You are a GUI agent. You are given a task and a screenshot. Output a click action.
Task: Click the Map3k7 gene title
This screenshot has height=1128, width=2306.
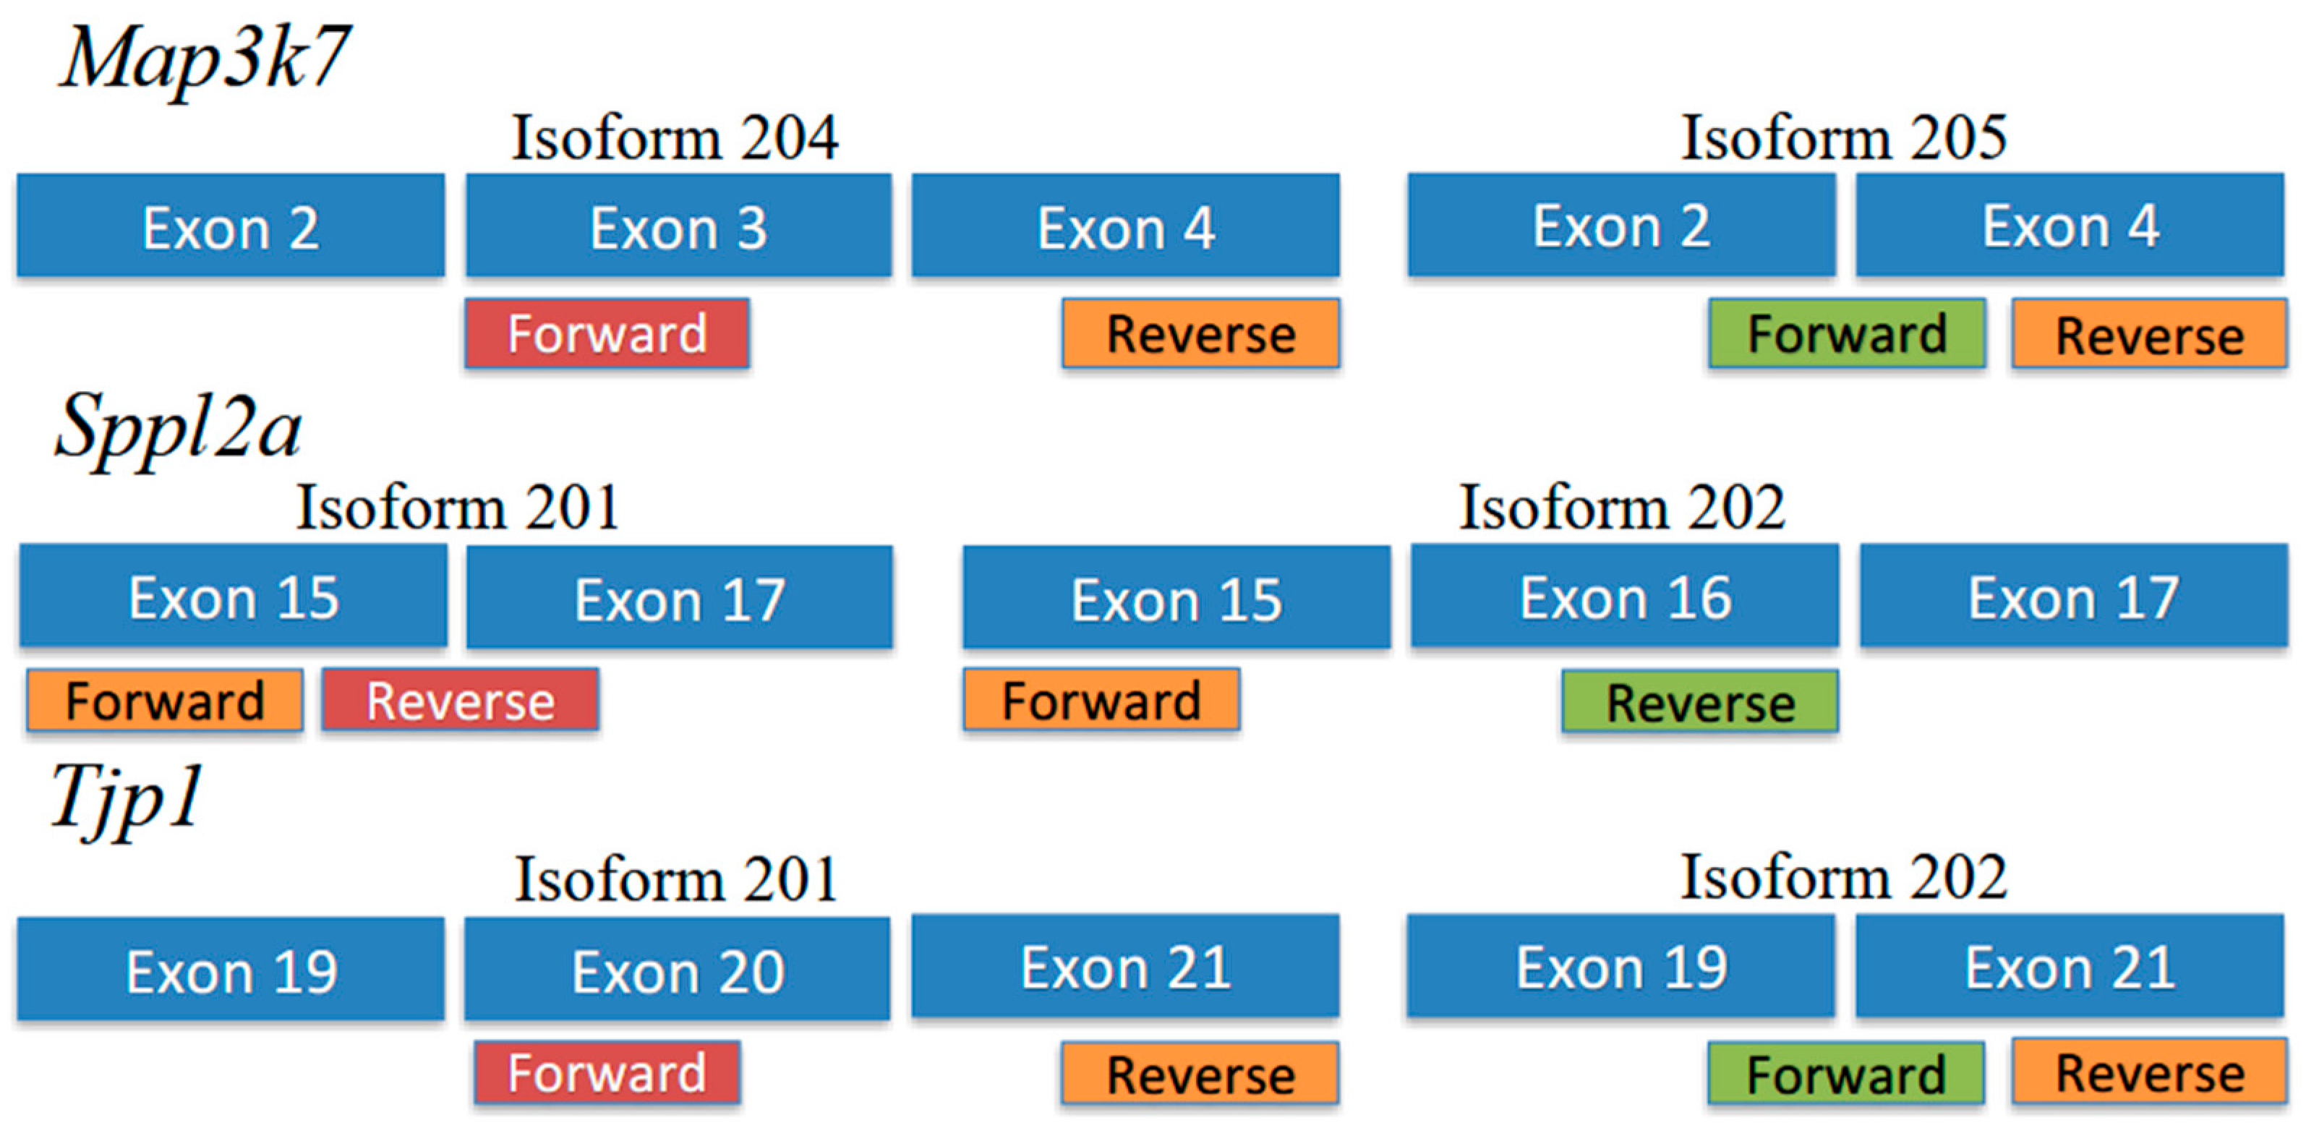204,58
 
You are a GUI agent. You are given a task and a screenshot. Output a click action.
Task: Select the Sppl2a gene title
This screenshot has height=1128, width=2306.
179,428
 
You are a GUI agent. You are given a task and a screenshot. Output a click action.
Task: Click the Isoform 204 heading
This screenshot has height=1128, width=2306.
675,138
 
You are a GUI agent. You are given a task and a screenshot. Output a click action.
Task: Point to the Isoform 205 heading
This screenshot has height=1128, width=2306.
1844,138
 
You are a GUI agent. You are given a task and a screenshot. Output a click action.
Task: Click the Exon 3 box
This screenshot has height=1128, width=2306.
678,226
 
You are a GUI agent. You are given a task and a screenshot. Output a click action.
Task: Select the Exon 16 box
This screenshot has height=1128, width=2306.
1625,597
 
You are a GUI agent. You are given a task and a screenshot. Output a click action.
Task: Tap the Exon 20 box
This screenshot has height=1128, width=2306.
678,970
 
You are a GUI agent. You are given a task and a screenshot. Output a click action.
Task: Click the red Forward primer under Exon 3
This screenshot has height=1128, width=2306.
607,333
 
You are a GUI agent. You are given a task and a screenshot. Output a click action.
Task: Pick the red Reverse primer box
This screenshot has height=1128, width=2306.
460,700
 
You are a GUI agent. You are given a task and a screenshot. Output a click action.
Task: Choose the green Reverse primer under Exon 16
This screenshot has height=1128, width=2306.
1700,702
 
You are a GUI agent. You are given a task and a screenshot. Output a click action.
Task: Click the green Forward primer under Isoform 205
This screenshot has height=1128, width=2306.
1847,334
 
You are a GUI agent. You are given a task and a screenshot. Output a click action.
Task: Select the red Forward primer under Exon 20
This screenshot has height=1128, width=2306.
607,1072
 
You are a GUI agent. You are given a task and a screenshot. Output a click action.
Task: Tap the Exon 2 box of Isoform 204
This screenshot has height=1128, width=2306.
230,226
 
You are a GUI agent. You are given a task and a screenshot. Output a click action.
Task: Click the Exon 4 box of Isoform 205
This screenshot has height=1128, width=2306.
2070,226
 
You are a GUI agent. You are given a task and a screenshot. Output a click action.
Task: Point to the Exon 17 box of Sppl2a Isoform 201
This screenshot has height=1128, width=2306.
680,598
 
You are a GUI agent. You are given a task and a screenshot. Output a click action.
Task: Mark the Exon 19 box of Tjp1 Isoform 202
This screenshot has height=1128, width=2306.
1620,967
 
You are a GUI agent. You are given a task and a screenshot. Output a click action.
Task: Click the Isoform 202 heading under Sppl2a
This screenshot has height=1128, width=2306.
1622,508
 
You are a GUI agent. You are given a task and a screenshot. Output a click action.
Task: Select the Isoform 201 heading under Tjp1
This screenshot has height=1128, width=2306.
676,879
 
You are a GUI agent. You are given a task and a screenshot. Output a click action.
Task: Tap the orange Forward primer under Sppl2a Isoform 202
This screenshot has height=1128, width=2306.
1101,700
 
